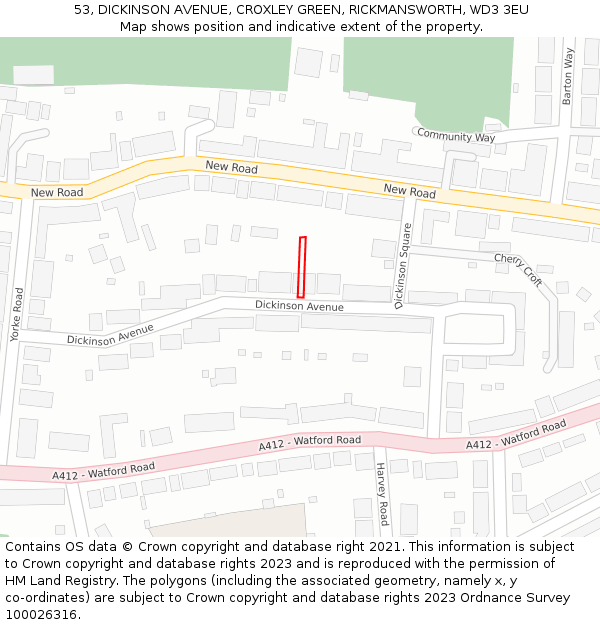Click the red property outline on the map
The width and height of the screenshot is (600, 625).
(x=302, y=267)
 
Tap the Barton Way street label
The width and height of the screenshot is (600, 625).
(x=568, y=76)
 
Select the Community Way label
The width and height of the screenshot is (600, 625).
(x=456, y=136)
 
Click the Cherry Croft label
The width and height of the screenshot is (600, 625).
(x=518, y=270)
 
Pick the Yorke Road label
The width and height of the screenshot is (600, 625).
(x=17, y=315)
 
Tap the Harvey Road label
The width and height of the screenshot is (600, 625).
(x=382, y=494)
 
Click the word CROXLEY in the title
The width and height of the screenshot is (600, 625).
(x=264, y=10)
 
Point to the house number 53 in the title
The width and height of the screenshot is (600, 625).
(x=83, y=10)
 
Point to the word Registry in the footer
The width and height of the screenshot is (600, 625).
(x=98, y=581)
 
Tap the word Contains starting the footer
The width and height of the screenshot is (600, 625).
(x=35, y=547)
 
